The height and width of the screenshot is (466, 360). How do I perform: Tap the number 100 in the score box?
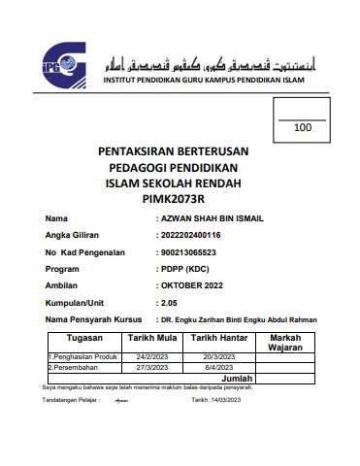[303, 127]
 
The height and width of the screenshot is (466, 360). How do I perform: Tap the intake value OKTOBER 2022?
[193, 285]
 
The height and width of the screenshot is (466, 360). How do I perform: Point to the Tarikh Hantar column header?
[218, 339]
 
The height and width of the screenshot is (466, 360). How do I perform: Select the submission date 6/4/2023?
[218, 368]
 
